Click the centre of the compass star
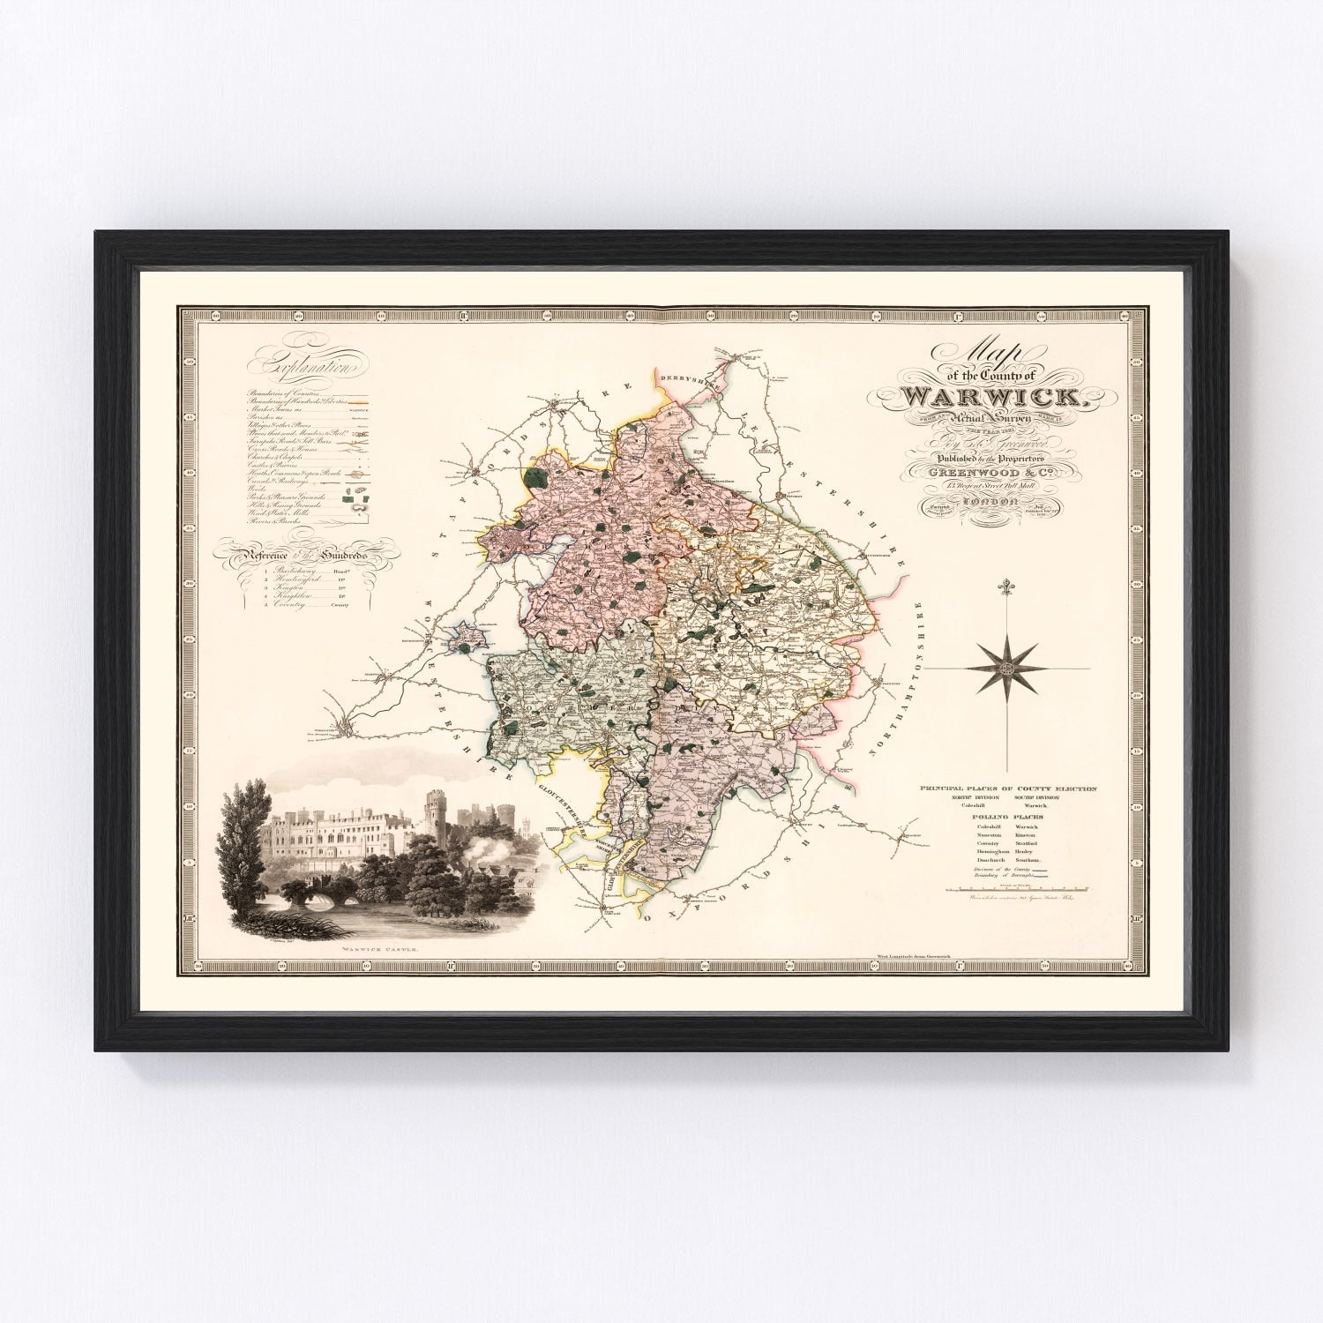coord(1006,668)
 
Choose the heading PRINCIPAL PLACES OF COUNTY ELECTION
coord(1008,788)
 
